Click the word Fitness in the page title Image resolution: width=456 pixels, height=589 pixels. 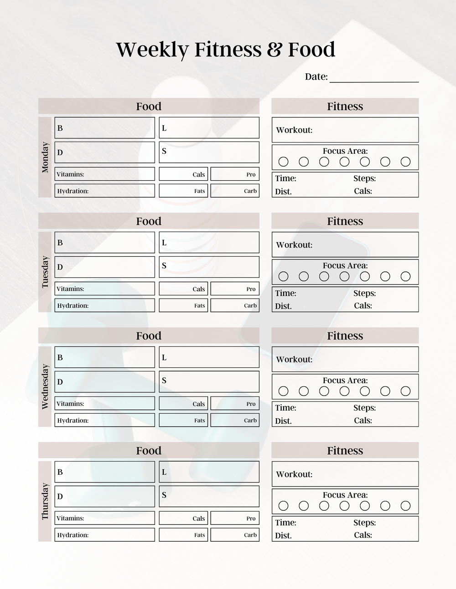pos(228,49)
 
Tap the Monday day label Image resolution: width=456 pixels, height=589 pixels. pos(45,157)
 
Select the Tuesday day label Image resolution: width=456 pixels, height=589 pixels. pos(45,272)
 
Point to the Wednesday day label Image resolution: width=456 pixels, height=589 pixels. pos(45,386)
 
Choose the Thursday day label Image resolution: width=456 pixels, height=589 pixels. pos(45,501)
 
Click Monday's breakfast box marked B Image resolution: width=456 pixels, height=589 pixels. pos(104,128)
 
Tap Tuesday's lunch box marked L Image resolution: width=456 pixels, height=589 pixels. pos(209,243)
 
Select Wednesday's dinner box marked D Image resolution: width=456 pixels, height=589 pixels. pos(104,382)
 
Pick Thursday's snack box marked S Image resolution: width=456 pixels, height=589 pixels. pos(209,496)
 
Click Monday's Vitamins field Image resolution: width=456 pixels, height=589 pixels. pos(104,174)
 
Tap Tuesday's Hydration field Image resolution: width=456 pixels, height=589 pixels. pos(104,305)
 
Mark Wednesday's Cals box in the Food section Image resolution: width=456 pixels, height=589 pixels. pos(183,404)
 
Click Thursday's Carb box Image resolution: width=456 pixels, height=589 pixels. pos(235,535)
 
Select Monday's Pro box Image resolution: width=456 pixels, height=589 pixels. pos(235,174)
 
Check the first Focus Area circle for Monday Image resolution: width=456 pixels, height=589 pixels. pos(283,162)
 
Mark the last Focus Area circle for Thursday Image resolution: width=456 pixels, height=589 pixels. pos(405,506)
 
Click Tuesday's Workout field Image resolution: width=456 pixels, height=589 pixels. pos(345,245)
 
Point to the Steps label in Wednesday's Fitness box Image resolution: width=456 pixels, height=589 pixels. pos(364,408)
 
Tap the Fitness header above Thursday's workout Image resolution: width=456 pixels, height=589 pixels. pos(345,451)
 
